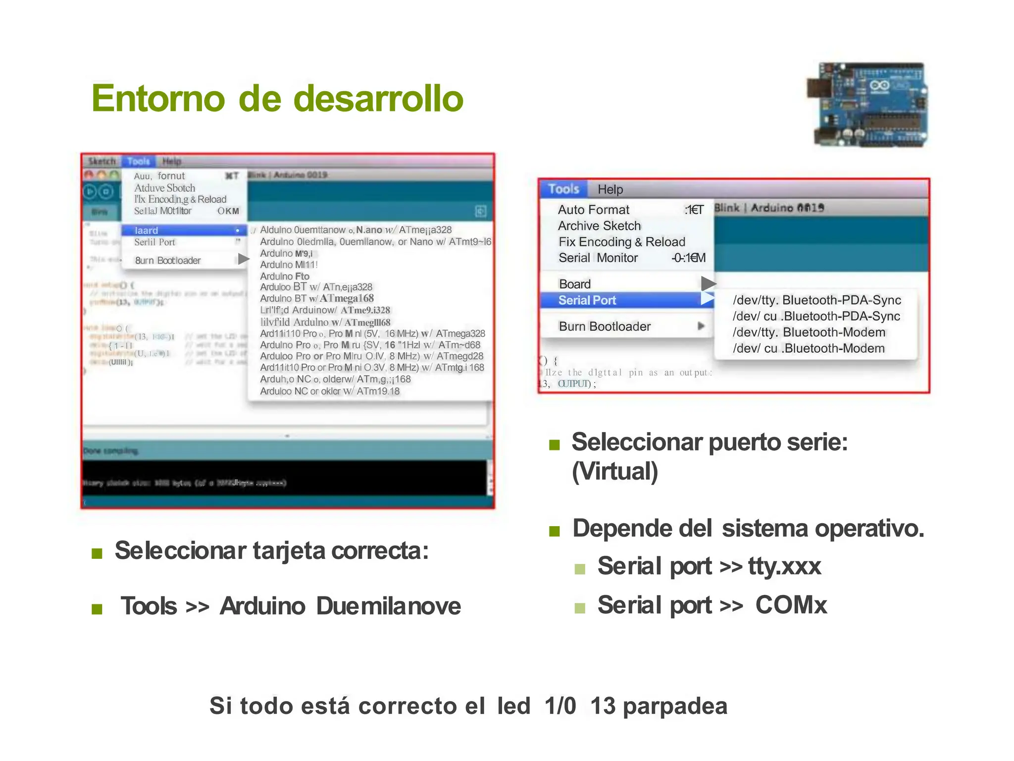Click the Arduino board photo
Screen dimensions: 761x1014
(x=867, y=105)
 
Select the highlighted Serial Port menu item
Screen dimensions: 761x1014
(x=587, y=300)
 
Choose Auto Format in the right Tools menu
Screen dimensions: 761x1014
(x=594, y=210)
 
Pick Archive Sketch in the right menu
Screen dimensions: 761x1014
(x=599, y=226)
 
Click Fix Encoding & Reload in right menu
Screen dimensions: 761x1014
(x=622, y=242)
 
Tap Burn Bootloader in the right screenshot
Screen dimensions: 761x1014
(x=605, y=326)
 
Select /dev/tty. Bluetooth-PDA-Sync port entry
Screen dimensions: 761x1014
(x=816, y=300)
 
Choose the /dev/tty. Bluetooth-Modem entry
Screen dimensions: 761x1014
(x=809, y=332)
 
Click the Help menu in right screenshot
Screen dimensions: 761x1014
(x=610, y=189)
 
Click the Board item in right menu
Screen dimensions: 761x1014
(x=575, y=284)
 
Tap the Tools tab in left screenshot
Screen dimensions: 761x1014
(x=138, y=162)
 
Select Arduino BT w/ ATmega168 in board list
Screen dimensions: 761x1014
(x=317, y=298)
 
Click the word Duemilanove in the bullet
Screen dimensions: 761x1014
(x=389, y=606)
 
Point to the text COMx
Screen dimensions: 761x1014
(x=791, y=605)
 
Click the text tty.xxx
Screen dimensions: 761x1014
(x=784, y=566)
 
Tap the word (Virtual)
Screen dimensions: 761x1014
(x=615, y=471)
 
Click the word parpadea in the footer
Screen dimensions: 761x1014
(x=675, y=706)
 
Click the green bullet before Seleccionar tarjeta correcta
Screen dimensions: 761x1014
(x=97, y=553)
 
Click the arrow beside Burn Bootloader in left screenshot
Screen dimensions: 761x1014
(x=243, y=259)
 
